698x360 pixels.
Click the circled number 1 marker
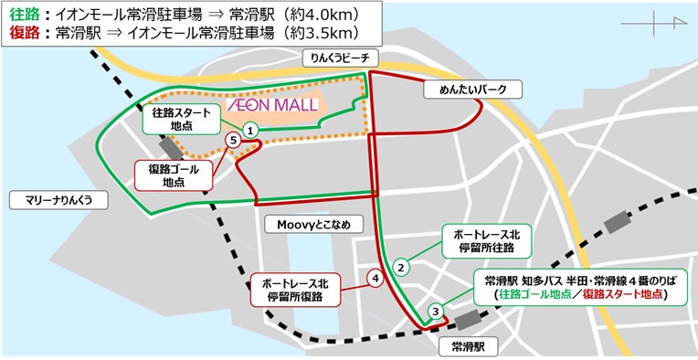click(x=249, y=132)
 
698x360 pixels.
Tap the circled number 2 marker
click(x=400, y=267)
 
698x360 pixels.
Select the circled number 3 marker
click(x=436, y=311)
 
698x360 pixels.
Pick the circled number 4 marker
click(x=374, y=277)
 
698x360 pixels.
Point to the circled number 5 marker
click(x=234, y=140)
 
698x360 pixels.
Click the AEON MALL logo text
click(x=272, y=105)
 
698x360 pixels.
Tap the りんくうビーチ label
click(x=339, y=58)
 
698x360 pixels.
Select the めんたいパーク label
click(x=471, y=90)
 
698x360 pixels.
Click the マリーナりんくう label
click(x=54, y=198)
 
